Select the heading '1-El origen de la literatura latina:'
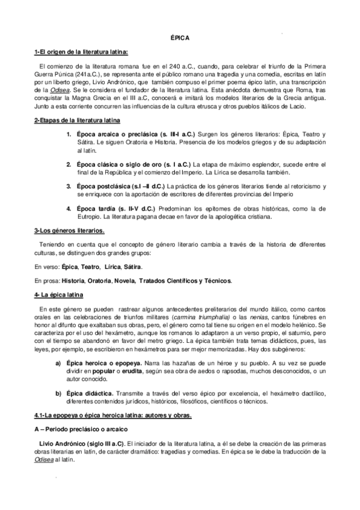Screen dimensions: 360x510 point(81,53)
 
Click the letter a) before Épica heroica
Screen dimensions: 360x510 point(58,364)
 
